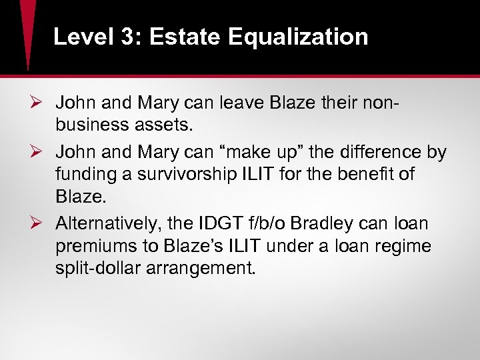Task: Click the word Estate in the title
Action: coord(185,37)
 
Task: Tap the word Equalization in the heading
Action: coord(298,37)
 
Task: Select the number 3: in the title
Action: coord(127,37)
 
